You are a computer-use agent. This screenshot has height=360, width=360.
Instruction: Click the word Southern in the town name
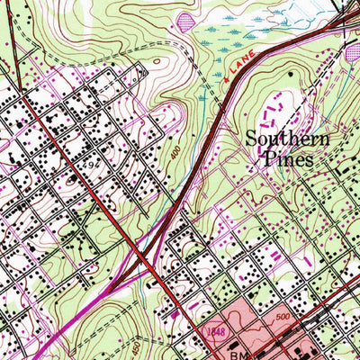point(288,139)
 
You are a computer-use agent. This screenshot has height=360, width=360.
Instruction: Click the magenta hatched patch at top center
point(186,19)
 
